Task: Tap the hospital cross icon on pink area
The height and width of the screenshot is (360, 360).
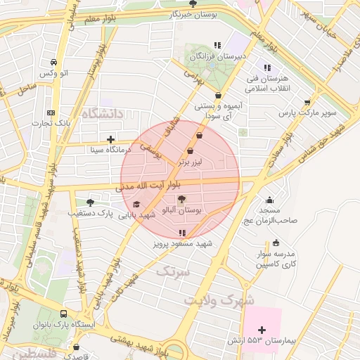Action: click(x=262, y=329)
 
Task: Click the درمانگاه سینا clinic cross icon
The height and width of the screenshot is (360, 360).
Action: click(x=110, y=139)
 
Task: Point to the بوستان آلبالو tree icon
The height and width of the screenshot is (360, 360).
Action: click(x=181, y=200)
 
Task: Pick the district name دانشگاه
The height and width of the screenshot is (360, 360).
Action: click(x=102, y=113)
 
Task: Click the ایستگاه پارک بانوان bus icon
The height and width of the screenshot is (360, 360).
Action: click(x=64, y=314)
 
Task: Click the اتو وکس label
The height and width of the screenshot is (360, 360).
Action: click(x=54, y=73)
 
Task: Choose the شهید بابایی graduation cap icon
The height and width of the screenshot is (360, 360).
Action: click(x=136, y=204)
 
